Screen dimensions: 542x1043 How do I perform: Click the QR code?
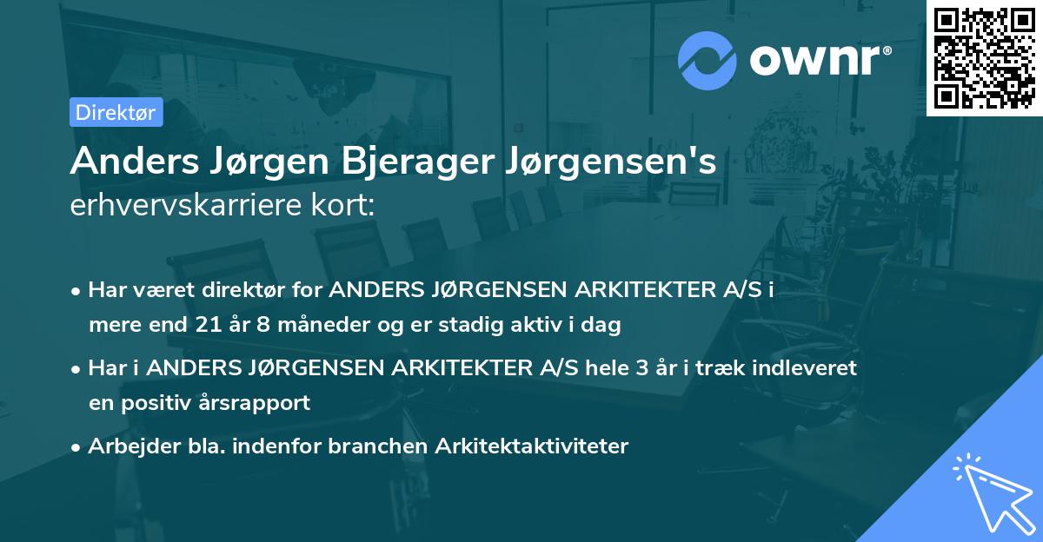pos(984,58)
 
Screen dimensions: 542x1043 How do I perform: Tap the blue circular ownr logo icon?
pos(708,59)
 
